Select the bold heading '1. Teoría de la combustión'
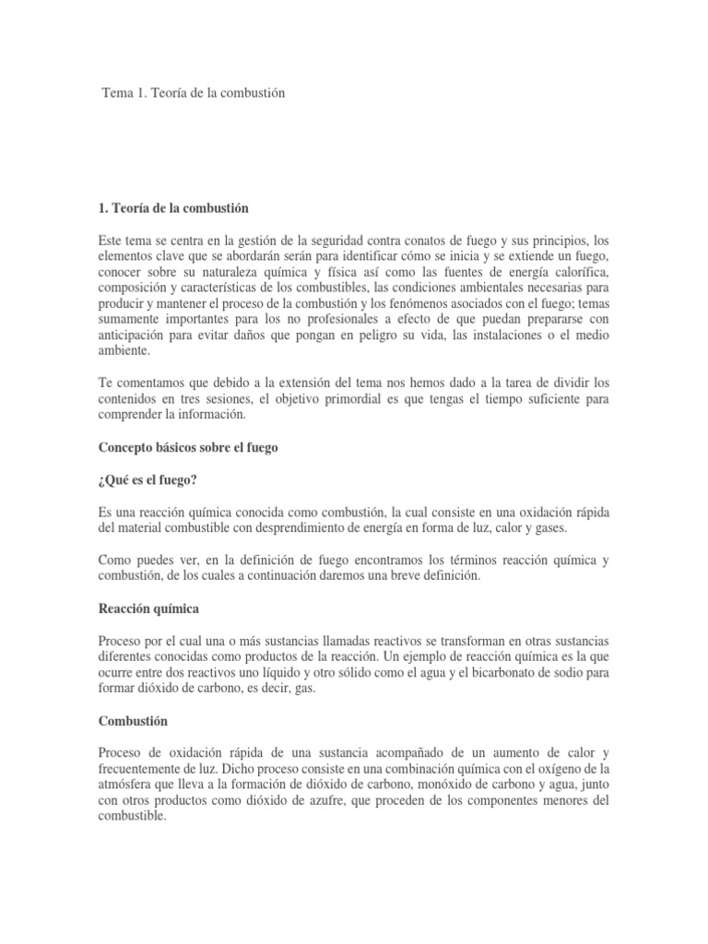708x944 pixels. (x=172, y=207)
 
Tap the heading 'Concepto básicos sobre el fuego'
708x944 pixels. (x=188, y=447)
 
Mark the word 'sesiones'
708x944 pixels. (x=217, y=399)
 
